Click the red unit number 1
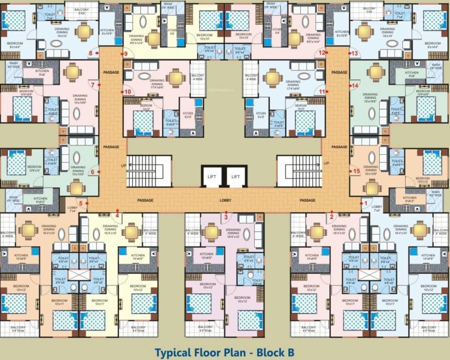pyautogui.click(x=366, y=203)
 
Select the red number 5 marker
pyautogui.click(x=81, y=203)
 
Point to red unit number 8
pyautogui.click(x=91, y=53)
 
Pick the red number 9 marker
pyautogui.click(x=126, y=53)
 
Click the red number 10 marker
pyautogui.click(x=128, y=91)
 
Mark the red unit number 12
pyautogui.click(x=322, y=53)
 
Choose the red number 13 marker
pyautogui.click(x=354, y=53)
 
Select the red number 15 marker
pyautogui.click(x=356, y=171)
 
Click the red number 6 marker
pyautogui.click(x=93, y=172)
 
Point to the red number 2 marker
pyautogui.click(x=332, y=216)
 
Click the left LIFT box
pyautogui.click(x=212, y=176)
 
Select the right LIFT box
pyautogui.click(x=236, y=176)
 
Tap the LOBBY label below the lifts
pyautogui.click(x=226, y=201)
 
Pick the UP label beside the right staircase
pyautogui.click(x=326, y=163)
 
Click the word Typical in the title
pyautogui.click(x=174, y=352)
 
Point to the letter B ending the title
pyautogui.click(x=291, y=352)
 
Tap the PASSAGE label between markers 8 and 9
pyautogui.click(x=111, y=72)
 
